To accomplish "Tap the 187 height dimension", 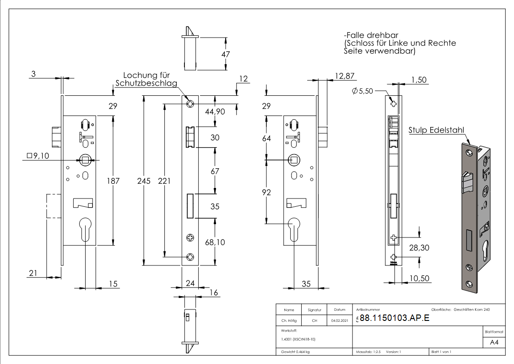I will point(113,181).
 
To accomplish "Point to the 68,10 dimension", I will point(215,242).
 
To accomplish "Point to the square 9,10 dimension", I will point(38,156).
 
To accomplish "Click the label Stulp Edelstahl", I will point(437,130).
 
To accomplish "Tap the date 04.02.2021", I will point(339,321).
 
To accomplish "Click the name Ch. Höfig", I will point(289,321).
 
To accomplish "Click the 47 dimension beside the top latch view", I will point(225,54).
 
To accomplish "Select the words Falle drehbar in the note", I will point(372,35).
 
